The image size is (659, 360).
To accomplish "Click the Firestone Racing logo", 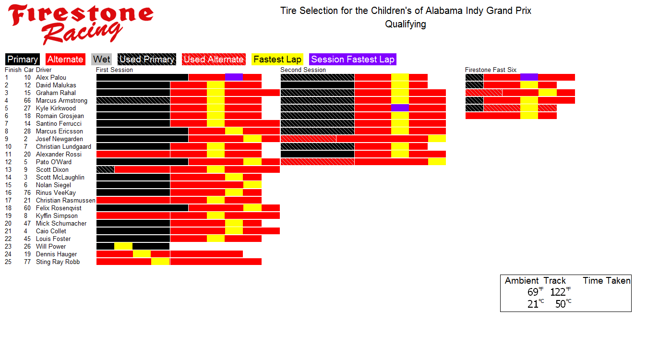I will coord(80,24).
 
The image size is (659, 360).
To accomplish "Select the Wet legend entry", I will coord(102,60).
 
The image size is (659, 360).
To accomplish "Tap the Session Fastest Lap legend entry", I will coord(353,60).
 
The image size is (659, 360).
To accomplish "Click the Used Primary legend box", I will coord(147,60).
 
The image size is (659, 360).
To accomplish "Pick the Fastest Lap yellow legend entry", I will coord(277,60).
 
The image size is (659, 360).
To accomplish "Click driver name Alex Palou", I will coord(51,78).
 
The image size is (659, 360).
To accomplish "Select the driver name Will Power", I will coord(51,247).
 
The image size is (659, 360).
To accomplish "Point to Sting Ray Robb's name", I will coord(58,262).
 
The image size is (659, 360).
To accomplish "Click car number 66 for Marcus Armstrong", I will coord(27,101).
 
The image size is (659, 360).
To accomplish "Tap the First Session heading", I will coord(115,70).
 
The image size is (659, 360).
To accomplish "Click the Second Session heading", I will coord(303,70).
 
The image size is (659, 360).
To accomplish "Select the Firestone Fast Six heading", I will coord(491,70).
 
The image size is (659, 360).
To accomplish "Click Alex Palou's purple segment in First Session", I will coord(234,77).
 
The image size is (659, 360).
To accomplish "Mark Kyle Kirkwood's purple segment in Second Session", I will coord(400,108).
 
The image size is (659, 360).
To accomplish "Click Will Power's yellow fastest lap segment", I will coord(123,246).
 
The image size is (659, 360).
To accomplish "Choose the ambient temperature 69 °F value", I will coord(533,292).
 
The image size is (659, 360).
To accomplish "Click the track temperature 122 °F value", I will coord(558,292).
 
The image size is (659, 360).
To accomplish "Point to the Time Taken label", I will coord(607,281).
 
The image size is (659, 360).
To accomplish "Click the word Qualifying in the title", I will coord(406,24).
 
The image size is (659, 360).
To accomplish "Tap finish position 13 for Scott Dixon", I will coord(8,170).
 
